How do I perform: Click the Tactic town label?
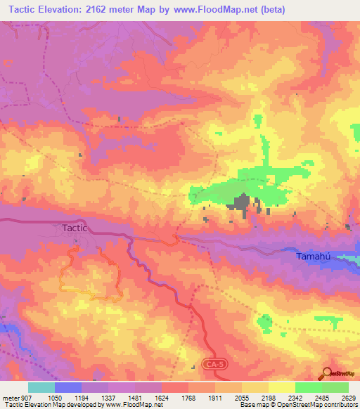[x=74, y=228]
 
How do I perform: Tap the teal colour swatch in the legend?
[x=41, y=387]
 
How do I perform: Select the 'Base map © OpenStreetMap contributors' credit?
[x=297, y=405]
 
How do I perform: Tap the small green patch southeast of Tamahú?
[x=265, y=323]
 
